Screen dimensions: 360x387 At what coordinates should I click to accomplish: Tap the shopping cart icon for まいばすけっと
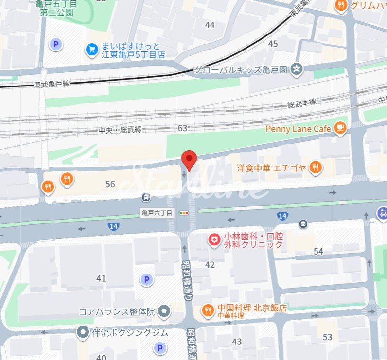tap(92, 49)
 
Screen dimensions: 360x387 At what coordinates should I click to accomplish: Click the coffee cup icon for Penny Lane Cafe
tap(340, 128)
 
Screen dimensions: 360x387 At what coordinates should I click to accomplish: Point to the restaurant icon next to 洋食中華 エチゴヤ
tap(316, 168)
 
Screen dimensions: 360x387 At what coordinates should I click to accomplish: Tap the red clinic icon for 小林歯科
tap(213, 240)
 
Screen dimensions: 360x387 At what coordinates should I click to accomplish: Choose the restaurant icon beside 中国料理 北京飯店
tap(208, 309)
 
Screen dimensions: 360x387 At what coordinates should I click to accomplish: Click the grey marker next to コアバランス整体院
tap(165, 311)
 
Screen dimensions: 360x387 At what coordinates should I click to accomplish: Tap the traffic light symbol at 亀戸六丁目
tap(184, 213)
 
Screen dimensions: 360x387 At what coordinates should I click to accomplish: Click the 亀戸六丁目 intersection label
tap(157, 213)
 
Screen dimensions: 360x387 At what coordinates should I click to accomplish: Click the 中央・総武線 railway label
tap(120, 130)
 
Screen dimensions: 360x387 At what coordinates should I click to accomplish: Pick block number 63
tap(182, 128)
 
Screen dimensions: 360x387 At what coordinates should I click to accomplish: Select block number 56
tap(110, 184)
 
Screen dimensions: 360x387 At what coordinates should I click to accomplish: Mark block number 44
tap(210, 25)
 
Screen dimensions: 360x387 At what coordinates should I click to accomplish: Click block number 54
tap(318, 251)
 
